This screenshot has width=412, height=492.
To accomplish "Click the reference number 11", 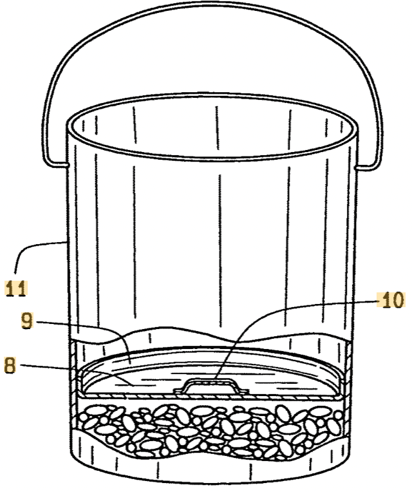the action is point(16,289).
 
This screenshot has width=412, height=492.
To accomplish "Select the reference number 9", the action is point(26,321).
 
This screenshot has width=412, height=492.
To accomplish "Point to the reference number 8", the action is point(10,365).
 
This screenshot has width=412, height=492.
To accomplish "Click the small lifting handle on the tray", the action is point(211,386).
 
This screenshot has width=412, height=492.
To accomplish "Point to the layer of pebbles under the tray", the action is point(211,430).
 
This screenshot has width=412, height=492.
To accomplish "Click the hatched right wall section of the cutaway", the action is point(348,370).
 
